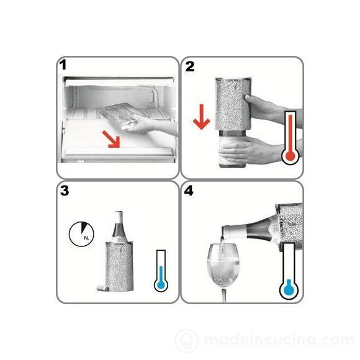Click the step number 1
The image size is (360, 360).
(63, 65)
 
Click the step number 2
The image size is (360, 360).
(190, 66)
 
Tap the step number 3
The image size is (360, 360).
(65, 191)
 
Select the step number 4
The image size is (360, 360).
(189, 191)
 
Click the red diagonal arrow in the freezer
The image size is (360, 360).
(112, 140)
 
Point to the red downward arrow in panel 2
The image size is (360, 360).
(201, 117)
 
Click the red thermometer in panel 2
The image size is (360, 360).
(290, 138)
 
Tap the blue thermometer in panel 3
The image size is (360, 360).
(161, 271)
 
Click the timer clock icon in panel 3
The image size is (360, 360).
(81, 234)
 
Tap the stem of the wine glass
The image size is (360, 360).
(224, 295)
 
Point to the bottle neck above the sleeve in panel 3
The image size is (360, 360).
(119, 226)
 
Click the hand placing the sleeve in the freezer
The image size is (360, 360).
(149, 125)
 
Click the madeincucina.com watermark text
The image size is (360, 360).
(279, 340)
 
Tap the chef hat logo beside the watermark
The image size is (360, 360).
(187, 341)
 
